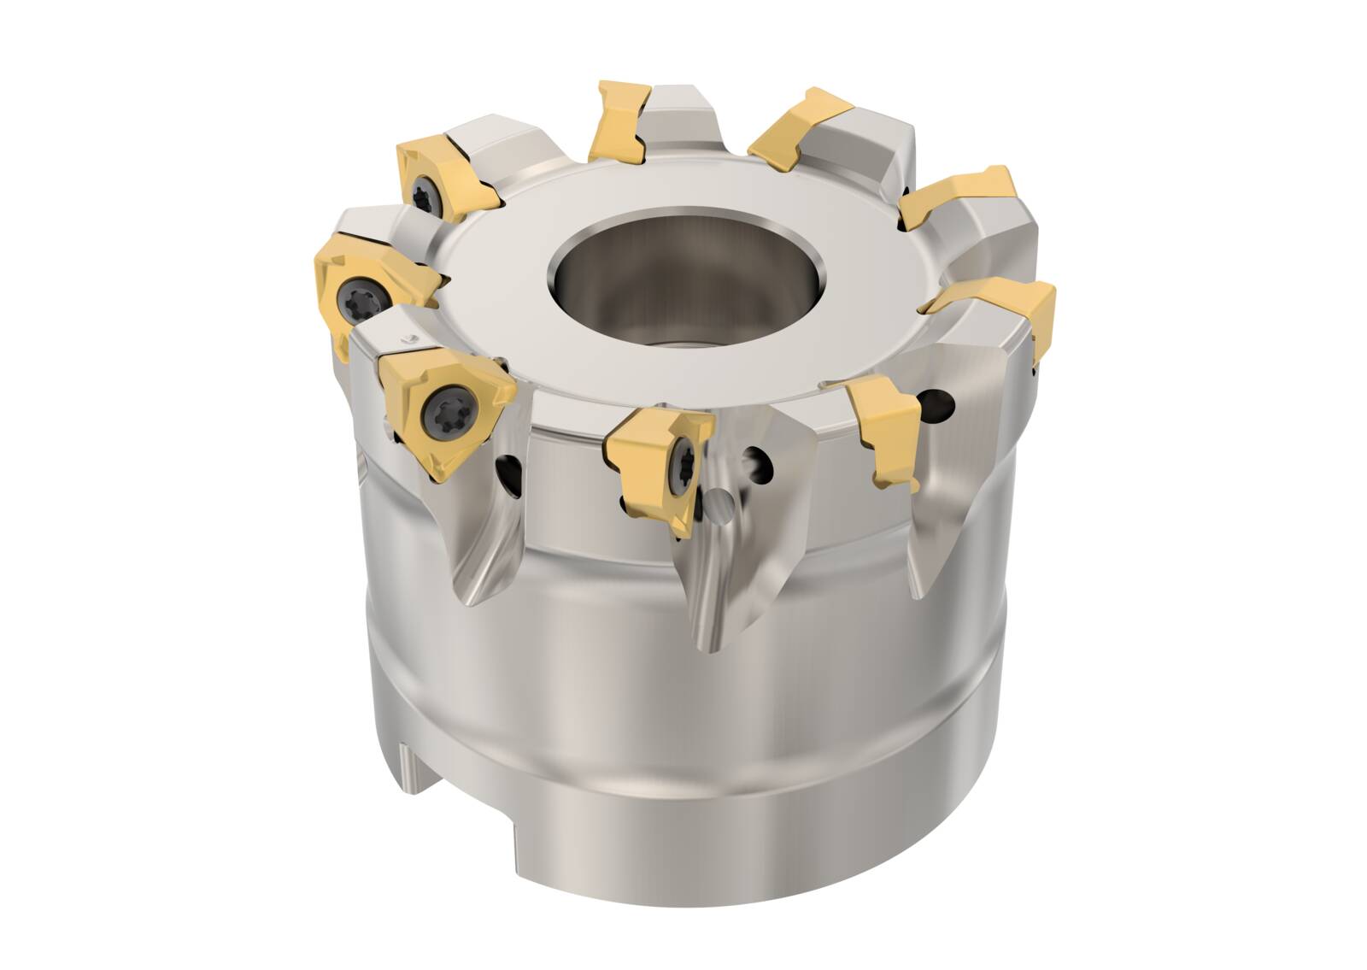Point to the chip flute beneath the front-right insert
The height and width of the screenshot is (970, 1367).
click(x=927, y=530)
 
